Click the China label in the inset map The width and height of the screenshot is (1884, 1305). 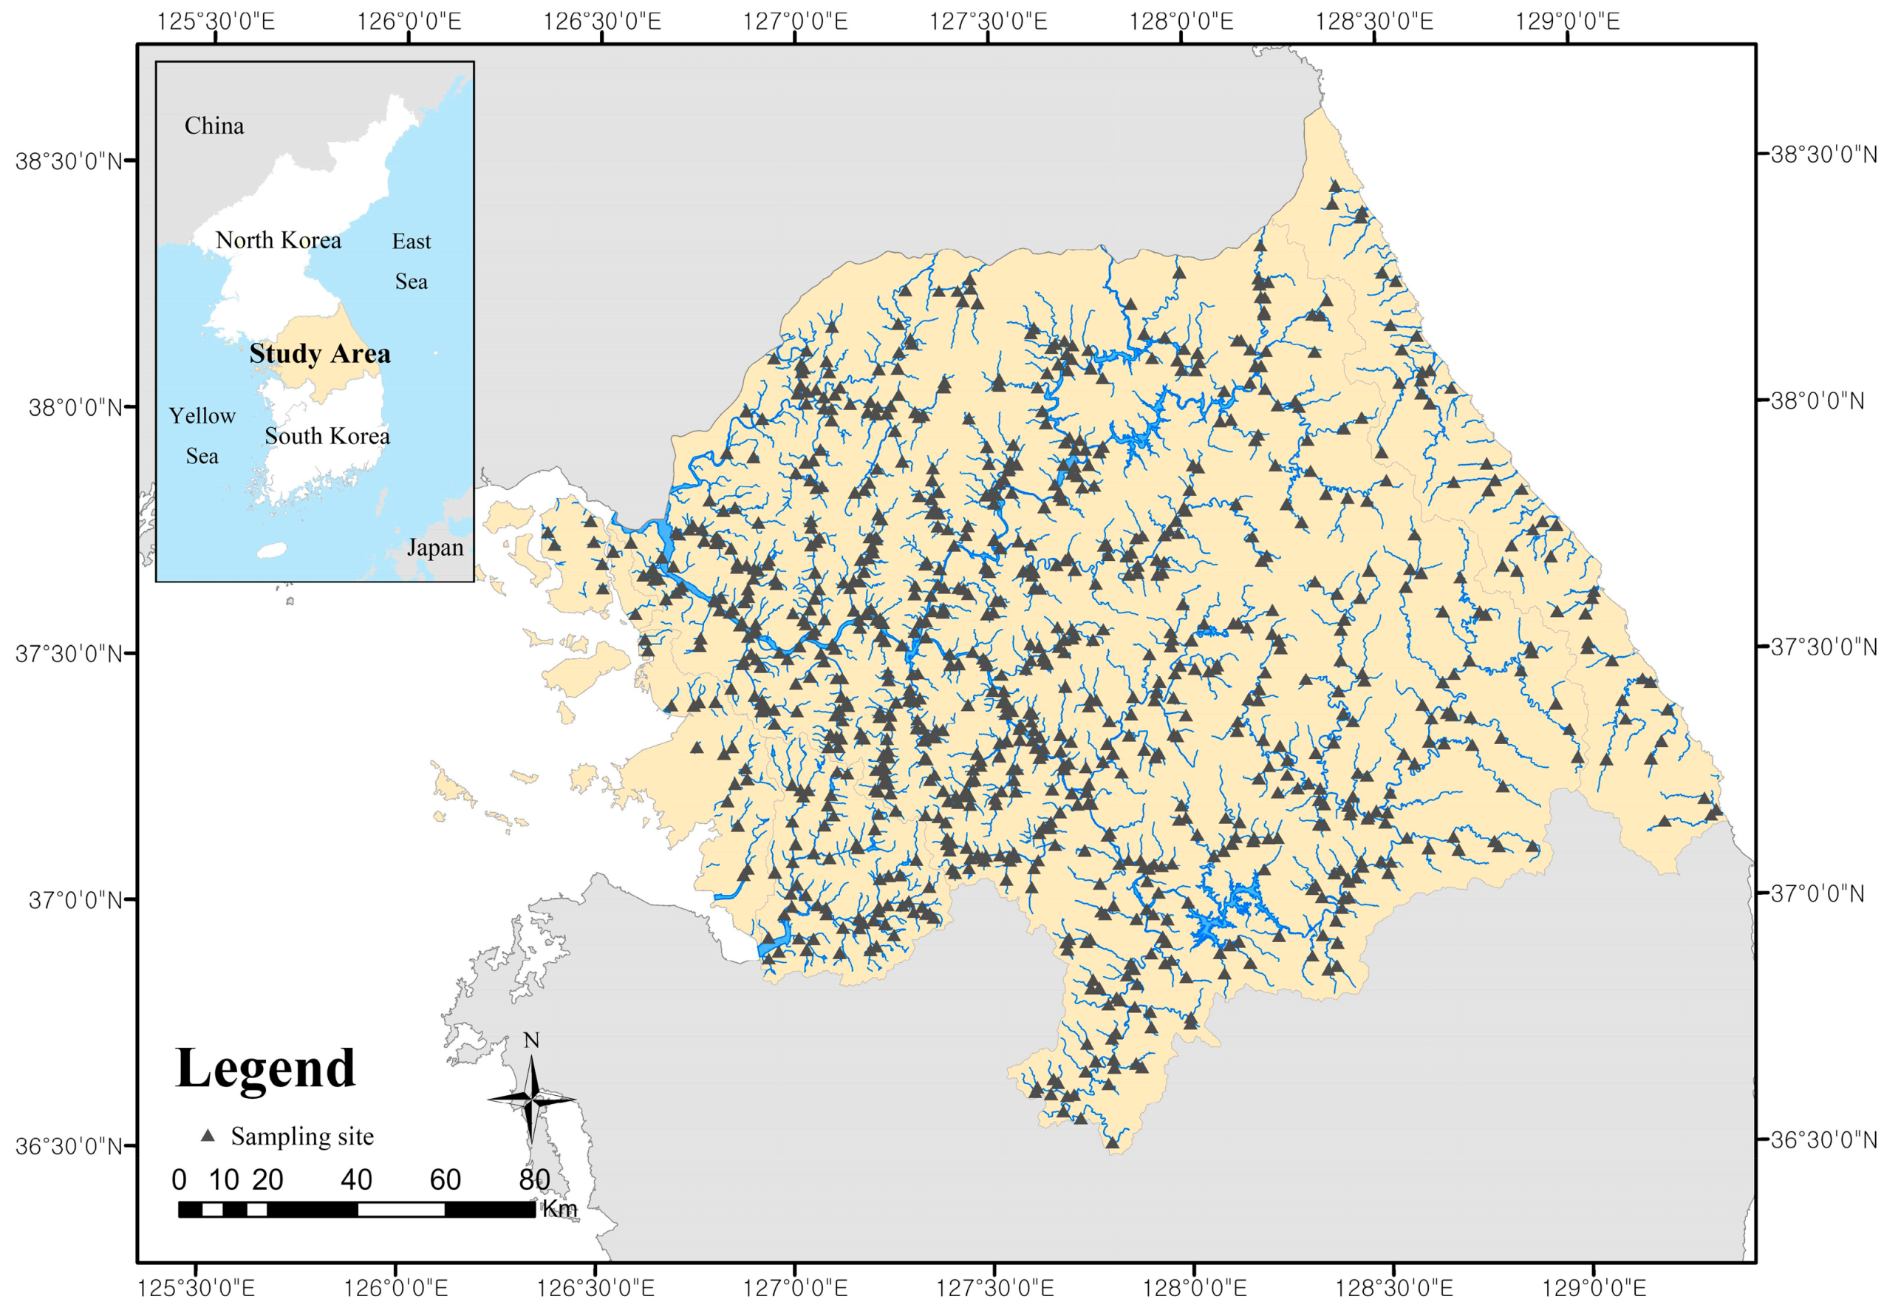tap(214, 126)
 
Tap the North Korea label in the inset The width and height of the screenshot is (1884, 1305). tap(278, 240)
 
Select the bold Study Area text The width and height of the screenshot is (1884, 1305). tap(320, 354)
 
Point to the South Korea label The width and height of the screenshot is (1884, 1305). tap(327, 437)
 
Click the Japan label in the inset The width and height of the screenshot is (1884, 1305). tap(435, 548)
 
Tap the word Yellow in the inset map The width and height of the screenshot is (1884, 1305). tap(202, 416)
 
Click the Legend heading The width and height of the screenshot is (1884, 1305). tap(264, 1069)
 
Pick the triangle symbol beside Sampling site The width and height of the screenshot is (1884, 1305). tap(208, 1136)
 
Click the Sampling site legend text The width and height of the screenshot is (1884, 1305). tap(301, 1137)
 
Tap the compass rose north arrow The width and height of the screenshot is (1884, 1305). tap(531, 1100)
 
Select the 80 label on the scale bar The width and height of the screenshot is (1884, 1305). tap(533, 1180)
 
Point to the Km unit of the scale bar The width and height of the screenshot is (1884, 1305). tap(560, 1210)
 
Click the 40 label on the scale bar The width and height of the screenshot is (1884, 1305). tap(356, 1180)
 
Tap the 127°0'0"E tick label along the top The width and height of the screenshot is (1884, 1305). tap(794, 21)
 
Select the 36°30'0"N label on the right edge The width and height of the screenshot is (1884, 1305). tap(1823, 1139)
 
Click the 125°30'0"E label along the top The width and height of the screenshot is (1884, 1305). tap(216, 21)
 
